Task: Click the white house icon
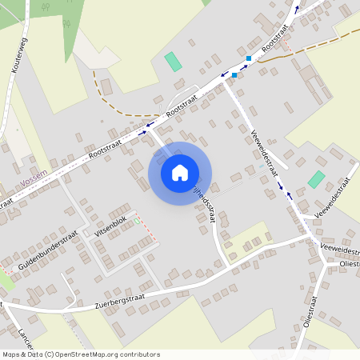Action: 180,172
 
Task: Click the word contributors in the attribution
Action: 137,354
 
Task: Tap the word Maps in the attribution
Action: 10,354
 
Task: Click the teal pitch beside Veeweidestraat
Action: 317,179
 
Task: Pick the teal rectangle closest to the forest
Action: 173,61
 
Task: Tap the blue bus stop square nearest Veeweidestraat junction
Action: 234,75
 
